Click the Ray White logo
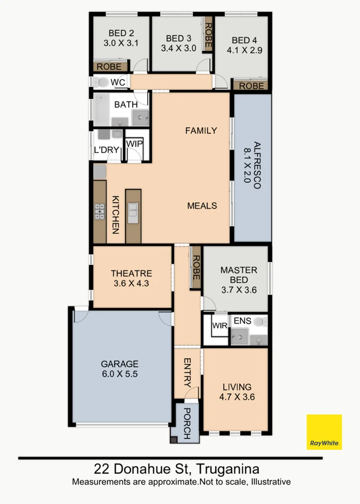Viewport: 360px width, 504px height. coord(324,432)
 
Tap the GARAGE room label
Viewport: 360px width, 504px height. coord(120,364)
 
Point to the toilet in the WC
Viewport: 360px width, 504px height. coord(102,82)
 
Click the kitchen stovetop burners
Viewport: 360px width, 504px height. coord(99,211)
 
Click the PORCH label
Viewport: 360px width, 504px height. coord(187,423)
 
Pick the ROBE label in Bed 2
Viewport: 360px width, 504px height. coord(110,66)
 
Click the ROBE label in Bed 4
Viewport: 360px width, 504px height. coord(251,86)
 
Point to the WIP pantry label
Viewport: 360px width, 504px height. coord(134,143)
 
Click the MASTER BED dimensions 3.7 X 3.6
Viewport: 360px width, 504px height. coord(238,289)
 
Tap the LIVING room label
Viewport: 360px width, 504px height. coord(236,387)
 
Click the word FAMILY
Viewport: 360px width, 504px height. coord(201,130)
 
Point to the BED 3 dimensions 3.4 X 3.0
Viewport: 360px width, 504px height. coord(178,48)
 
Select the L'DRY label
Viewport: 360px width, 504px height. coord(107,150)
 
